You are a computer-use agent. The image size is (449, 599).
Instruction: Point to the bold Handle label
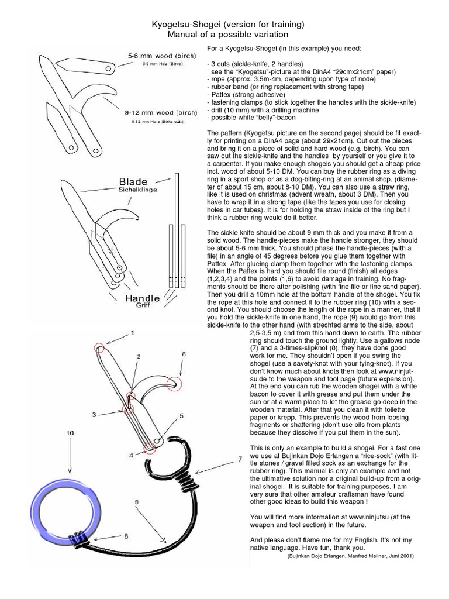pos(142,298)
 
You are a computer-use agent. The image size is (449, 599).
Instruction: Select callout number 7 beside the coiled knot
pos(240,460)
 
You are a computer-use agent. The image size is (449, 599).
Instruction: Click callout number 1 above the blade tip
pos(132,333)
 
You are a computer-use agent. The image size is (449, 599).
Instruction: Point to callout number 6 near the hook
pos(184,354)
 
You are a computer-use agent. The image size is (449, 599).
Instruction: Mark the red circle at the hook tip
pos(174,383)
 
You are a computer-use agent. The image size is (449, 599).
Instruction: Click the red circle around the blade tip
pos(102,349)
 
